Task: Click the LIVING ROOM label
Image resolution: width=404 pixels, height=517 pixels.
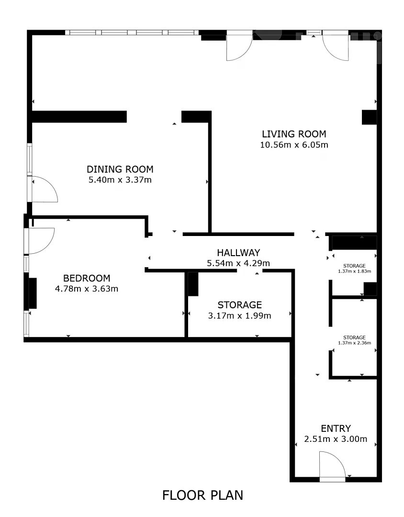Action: [294, 134]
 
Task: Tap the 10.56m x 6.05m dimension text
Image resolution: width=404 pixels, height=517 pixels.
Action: [294, 145]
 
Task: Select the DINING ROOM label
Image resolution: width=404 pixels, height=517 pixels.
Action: [120, 169]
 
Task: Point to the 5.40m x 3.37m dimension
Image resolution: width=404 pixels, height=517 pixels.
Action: [120, 180]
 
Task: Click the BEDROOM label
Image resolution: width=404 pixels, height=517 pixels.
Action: [87, 278]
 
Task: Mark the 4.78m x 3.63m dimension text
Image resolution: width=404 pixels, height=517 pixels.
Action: [87, 289]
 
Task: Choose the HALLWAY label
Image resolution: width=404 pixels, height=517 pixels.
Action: [238, 253]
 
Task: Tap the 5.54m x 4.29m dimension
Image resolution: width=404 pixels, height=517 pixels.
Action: [238, 263]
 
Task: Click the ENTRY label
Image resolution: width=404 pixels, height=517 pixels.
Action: [336, 428]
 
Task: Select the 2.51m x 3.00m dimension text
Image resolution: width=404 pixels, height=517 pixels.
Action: [336, 439]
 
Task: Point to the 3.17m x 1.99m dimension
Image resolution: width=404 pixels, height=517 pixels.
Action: [240, 315]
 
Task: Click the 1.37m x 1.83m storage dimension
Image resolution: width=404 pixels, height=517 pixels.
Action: [355, 271]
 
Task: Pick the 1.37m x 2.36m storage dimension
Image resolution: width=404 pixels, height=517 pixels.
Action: [355, 343]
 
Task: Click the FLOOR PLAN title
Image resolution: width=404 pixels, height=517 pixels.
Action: [202, 495]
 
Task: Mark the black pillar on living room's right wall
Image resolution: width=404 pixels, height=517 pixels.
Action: [370, 117]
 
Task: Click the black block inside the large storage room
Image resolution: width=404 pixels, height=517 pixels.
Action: [193, 284]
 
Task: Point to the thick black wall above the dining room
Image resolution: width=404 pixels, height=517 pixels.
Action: [79, 117]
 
